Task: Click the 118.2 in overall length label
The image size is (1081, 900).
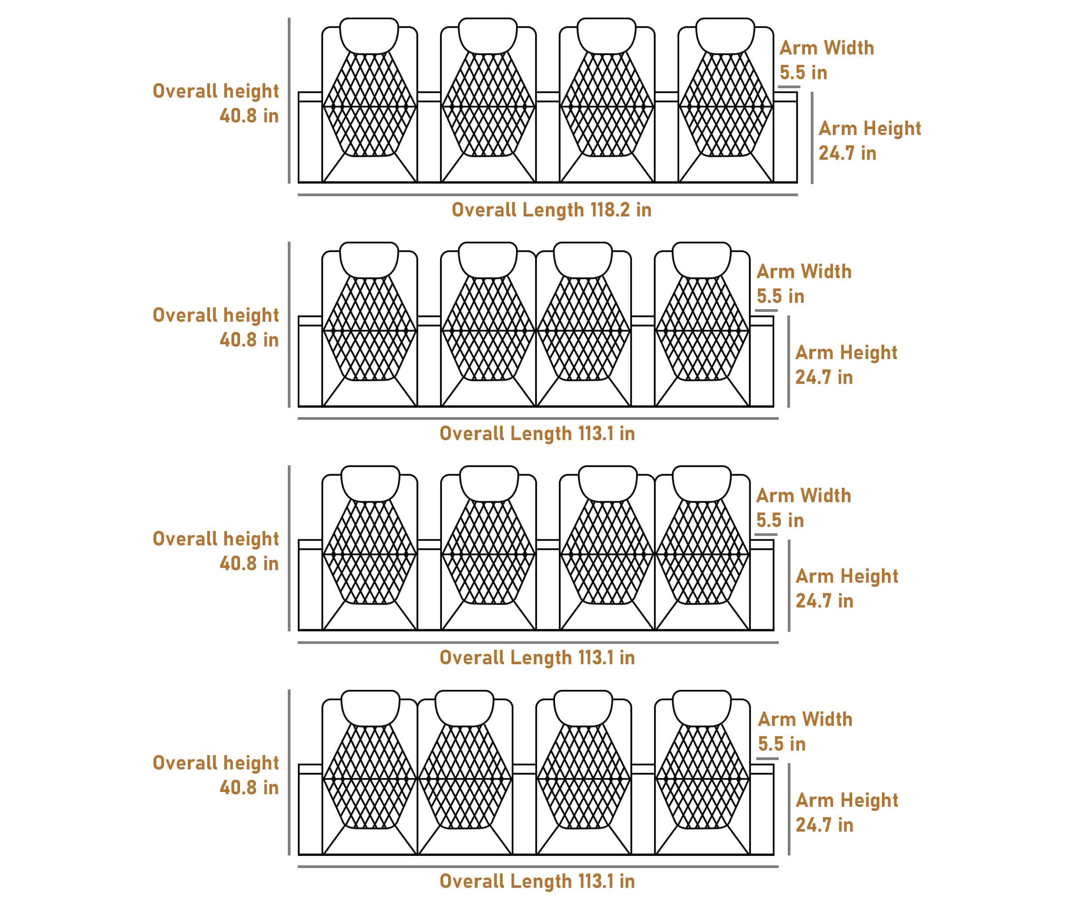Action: (551, 210)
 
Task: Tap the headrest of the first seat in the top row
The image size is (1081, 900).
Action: (369, 35)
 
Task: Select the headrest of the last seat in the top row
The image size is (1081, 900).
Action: (725, 35)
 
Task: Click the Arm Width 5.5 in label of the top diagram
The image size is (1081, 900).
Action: (826, 60)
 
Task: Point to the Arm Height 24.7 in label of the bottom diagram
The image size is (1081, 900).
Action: (847, 813)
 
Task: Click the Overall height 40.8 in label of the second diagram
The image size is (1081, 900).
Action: (216, 327)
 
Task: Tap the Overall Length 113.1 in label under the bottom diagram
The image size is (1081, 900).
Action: (537, 881)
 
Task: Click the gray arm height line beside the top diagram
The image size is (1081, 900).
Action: (812, 138)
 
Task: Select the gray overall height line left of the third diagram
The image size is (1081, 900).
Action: (289, 548)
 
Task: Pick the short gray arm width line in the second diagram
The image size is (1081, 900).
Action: (767, 310)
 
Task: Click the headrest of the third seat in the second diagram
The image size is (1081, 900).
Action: (583, 259)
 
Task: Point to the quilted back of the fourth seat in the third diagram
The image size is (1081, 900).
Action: (702, 553)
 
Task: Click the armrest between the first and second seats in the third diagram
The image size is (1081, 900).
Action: (429, 586)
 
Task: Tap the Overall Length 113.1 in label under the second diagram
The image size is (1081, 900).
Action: (537, 433)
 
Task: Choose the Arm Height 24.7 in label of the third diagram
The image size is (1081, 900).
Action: (847, 588)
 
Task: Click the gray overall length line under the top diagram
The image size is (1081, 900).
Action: (548, 195)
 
